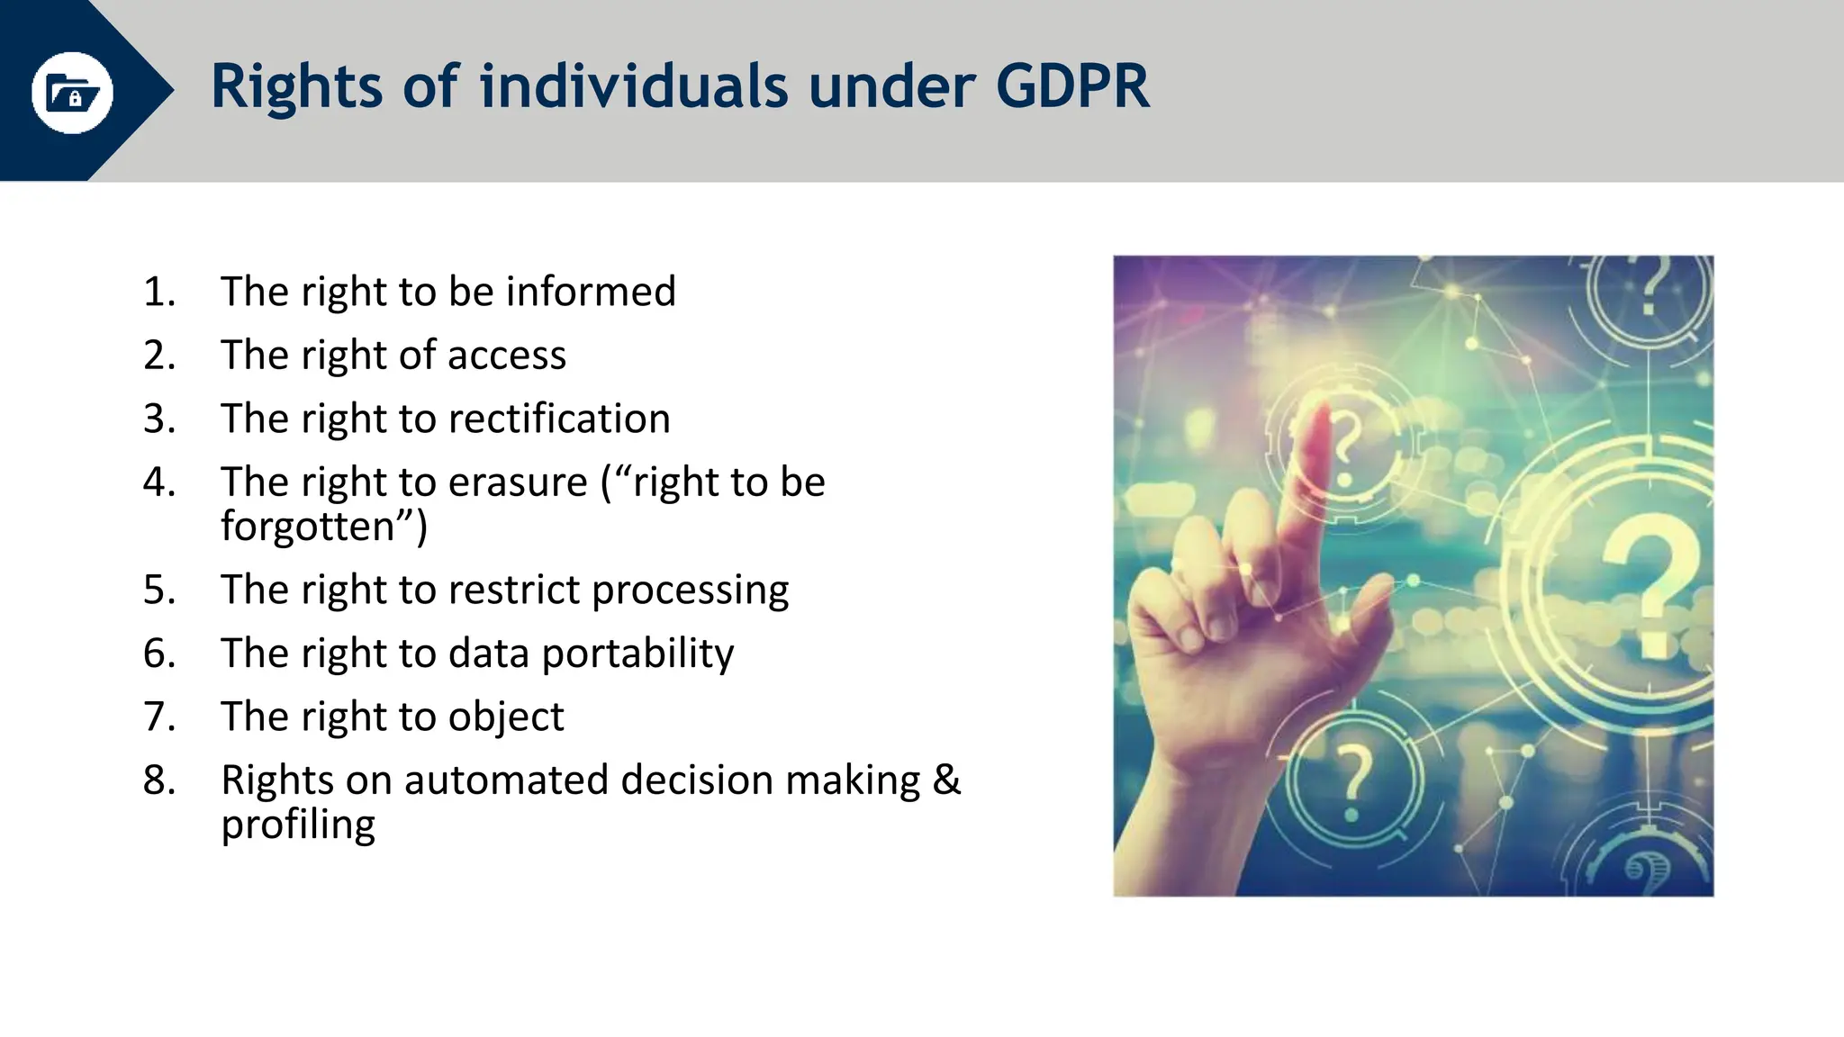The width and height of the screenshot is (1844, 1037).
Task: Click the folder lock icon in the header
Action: pyautogui.click(x=72, y=92)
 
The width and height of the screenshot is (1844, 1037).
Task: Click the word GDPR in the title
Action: pyautogui.click(x=1072, y=86)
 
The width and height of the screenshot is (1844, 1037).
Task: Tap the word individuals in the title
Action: pyautogui.click(x=635, y=86)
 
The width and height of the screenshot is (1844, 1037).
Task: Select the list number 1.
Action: pyautogui.click(x=158, y=292)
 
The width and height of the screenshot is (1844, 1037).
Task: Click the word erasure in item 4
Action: pyautogui.click(x=518, y=482)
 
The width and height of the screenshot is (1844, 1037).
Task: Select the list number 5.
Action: pyautogui.click(x=158, y=590)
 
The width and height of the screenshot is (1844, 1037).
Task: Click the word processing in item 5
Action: pyautogui.click(x=690, y=591)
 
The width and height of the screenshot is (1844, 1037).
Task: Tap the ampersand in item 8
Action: pyautogui.click(x=946, y=780)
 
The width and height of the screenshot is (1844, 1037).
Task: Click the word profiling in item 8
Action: pyautogui.click(x=298, y=825)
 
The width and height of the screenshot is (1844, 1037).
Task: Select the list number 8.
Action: pyautogui.click(x=158, y=780)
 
